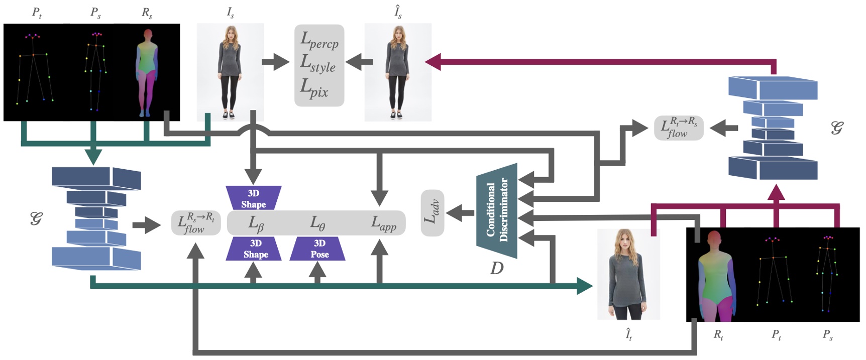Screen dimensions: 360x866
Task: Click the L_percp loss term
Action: (319, 40)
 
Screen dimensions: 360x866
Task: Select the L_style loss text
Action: (318, 64)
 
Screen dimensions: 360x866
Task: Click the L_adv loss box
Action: (432, 213)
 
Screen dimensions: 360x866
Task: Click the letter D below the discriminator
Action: (496, 269)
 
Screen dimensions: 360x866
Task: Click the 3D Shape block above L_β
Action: (253, 199)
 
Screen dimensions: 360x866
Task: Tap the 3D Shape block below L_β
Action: (255, 249)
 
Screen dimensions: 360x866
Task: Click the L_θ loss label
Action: (317, 223)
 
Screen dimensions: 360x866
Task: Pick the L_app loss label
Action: (383, 223)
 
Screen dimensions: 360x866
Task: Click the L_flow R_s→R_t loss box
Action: (196, 223)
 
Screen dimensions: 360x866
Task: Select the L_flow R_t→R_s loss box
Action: (679, 128)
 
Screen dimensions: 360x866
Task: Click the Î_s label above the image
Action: (398, 12)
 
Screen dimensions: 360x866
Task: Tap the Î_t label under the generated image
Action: (628, 334)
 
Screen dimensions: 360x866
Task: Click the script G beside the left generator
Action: (36, 218)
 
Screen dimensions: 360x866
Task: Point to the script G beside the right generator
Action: (836, 128)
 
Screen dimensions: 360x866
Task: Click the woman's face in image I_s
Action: (231, 35)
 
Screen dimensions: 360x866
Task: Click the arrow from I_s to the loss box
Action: (275, 62)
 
